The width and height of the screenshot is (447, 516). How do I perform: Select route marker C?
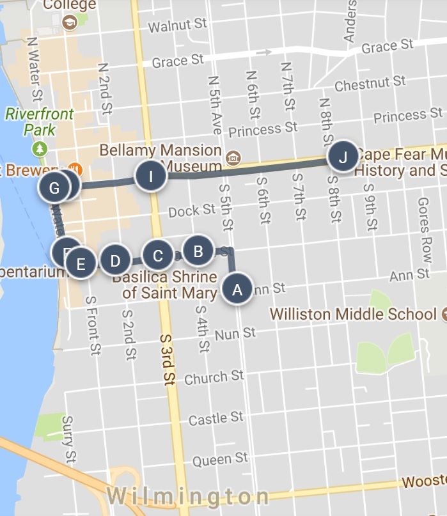point(158,256)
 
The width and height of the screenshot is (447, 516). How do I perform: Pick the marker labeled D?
point(115,261)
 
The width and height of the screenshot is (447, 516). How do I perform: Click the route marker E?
point(81,263)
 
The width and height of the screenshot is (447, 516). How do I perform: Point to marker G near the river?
point(54,188)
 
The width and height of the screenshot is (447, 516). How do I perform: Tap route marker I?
point(151,176)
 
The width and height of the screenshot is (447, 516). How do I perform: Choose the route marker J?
point(343,157)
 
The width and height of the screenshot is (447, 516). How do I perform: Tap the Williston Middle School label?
point(354,315)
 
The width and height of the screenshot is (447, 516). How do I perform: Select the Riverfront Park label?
point(40,122)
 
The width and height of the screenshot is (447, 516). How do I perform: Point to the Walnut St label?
point(177,25)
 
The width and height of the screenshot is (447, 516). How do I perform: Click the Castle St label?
point(216,419)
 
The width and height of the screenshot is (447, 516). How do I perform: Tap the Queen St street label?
point(220,459)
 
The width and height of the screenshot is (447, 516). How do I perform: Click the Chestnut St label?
point(370,84)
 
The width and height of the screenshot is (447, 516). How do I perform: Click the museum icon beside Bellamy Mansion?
point(233,158)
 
